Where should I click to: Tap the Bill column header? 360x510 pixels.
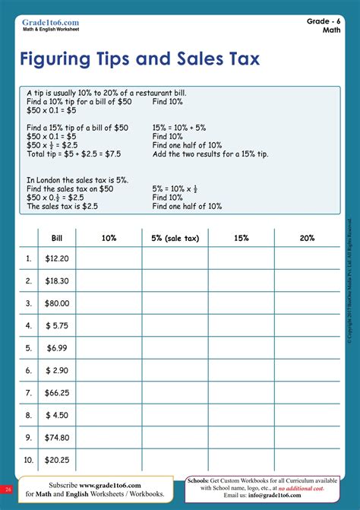(56, 238)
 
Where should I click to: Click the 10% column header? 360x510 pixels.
(109, 238)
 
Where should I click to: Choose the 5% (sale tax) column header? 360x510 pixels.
(175, 238)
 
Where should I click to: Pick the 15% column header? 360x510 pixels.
(242, 238)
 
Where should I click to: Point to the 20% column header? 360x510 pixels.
(307, 238)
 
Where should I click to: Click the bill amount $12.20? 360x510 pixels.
(57, 258)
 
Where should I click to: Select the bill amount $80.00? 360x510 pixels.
(57, 303)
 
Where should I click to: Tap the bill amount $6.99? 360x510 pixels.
(57, 348)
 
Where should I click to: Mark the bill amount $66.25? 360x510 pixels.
(57, 393)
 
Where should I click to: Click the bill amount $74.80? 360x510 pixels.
(57, 438)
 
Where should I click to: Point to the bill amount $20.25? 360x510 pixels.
(57, 460)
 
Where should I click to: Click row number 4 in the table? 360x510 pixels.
(29, 326)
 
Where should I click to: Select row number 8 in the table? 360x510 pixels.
(29, 416)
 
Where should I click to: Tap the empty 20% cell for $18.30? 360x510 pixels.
(307, 281)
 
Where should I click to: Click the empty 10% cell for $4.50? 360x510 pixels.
(109, 416)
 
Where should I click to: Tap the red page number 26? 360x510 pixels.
(7, 489)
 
